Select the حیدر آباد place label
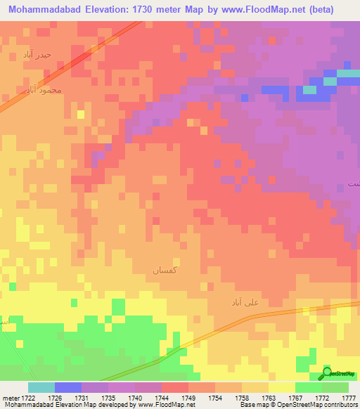(x=37, y=54)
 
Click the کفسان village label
(x=167, y=269)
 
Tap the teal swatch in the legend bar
(x=41, y=387)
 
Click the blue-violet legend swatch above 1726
(x=68, y=387)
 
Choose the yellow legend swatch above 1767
(x=282, y=387)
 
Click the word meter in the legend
(x=9, y=398)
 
